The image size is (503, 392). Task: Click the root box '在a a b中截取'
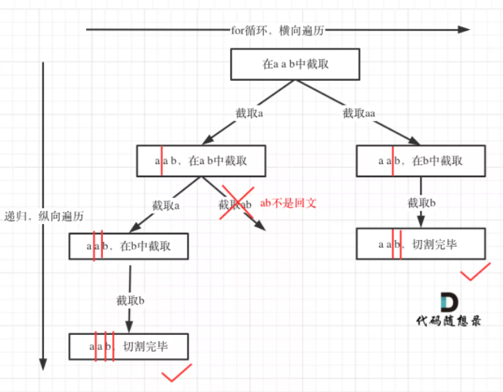pos(295,65)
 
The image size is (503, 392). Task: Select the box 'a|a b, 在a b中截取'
pos(202,160)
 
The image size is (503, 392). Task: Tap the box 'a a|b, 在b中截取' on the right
pos(421,160)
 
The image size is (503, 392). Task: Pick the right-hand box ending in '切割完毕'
pos(421,243)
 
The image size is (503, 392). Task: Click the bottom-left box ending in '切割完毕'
pos(129,347)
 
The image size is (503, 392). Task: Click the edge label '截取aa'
pos(358,112)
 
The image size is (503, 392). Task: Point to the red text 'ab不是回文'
pos(288,203)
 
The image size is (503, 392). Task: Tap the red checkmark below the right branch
pos(475,272)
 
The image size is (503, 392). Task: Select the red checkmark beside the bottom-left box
pos(176,374)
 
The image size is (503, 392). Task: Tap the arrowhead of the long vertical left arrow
pos(43,363)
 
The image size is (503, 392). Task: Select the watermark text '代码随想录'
pos(448,322)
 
